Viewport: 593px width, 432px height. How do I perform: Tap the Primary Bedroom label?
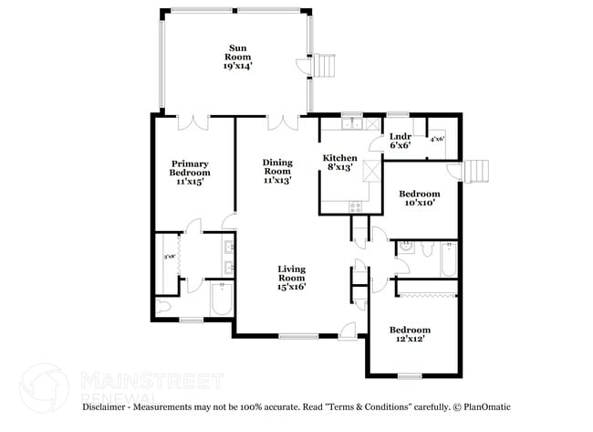click(190, 173)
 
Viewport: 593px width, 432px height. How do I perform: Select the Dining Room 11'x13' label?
click(276, 171)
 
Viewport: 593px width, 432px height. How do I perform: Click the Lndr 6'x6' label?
click(401, 140)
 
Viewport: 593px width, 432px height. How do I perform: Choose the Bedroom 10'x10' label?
click(420, 198)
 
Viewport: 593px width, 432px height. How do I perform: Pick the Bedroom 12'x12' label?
click(410, 334)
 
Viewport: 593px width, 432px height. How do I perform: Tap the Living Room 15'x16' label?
click(291, 277)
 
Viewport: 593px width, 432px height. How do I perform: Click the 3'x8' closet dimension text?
click(169, 258)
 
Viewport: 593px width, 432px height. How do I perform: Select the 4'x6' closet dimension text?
click(437, 139)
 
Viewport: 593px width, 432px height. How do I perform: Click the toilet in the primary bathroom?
click(164, 306)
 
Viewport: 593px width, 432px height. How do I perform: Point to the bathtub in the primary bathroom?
click(222, 300)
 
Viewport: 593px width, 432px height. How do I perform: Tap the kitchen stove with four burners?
click(355, 206)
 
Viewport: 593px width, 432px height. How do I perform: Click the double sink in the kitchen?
click(350, 122)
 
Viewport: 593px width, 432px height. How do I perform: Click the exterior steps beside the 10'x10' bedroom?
click(475, 171)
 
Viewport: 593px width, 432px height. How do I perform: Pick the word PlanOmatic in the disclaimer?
click(484, 407)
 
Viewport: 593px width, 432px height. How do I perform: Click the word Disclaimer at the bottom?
click(106, 407)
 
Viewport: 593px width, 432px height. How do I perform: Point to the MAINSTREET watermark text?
click(151, 379)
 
